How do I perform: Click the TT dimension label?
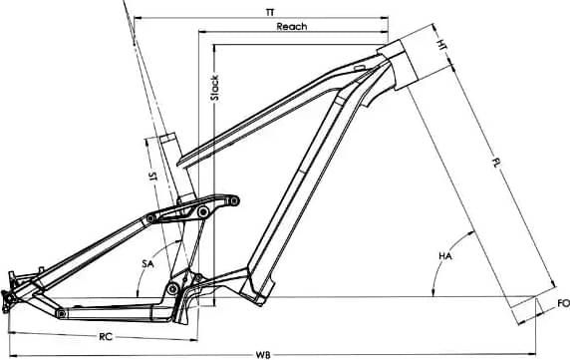point(270,12)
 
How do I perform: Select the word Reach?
point(292,26)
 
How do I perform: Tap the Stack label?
point(215,88)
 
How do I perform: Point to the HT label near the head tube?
point(442,45)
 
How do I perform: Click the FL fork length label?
point(496,163)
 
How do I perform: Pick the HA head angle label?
point(445,256)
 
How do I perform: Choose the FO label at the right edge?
point(563,303)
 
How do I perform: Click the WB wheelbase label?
point(263,355)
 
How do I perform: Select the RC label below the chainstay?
point(106,337)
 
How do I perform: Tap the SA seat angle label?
point(147,263)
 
